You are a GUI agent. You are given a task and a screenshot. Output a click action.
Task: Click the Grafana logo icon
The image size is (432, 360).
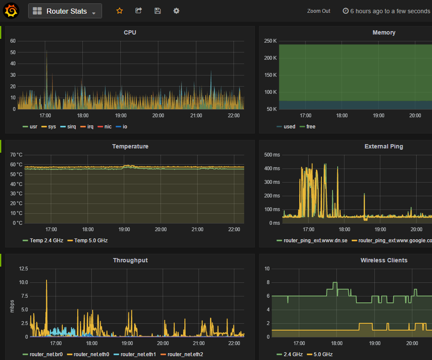click(x=11, y=11)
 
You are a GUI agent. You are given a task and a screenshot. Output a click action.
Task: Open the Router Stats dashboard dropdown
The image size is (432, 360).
click(x=65, y=11)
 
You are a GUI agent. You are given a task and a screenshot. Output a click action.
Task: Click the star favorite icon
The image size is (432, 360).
click(x=120, y=11)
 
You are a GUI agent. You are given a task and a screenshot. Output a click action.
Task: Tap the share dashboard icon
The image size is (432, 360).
click(x=138, y=11)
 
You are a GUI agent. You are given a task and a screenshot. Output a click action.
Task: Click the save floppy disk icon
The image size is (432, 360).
click(x=158, y=11)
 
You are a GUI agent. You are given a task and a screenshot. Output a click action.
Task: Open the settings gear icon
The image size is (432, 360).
click(x=176, y=11)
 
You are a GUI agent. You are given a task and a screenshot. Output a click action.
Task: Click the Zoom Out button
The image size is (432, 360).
click(x=318, y=11)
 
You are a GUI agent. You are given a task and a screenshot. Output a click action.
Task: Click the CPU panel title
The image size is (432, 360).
click(x=130, y=32)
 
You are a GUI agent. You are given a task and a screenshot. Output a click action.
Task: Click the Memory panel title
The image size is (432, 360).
click(x=383, y=32)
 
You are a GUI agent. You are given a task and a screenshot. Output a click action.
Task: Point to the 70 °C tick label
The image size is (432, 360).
click(x=16, y=155)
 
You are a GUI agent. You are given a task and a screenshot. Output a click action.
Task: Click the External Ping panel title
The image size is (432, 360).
click(x=383, y=146)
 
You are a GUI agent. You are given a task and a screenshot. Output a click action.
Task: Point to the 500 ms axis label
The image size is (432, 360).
click(x=272, y=155)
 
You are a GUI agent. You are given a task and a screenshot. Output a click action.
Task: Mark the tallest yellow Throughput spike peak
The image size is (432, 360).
click(x=47, y=280)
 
